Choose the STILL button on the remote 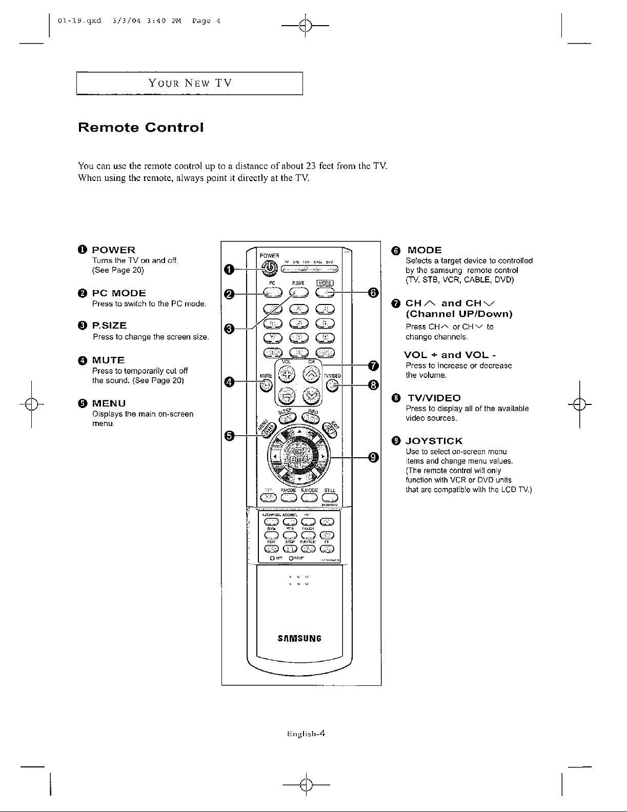point(330,497)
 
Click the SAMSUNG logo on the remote point(299,639)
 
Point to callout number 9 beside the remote point(373,458)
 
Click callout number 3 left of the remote point(230,328)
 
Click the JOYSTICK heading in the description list point(434,441)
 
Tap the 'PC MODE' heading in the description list point(119,293)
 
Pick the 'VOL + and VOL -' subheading point(450,355)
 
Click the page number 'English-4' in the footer point(306,733)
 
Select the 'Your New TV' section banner point(190,84)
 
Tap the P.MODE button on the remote point(290,497)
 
